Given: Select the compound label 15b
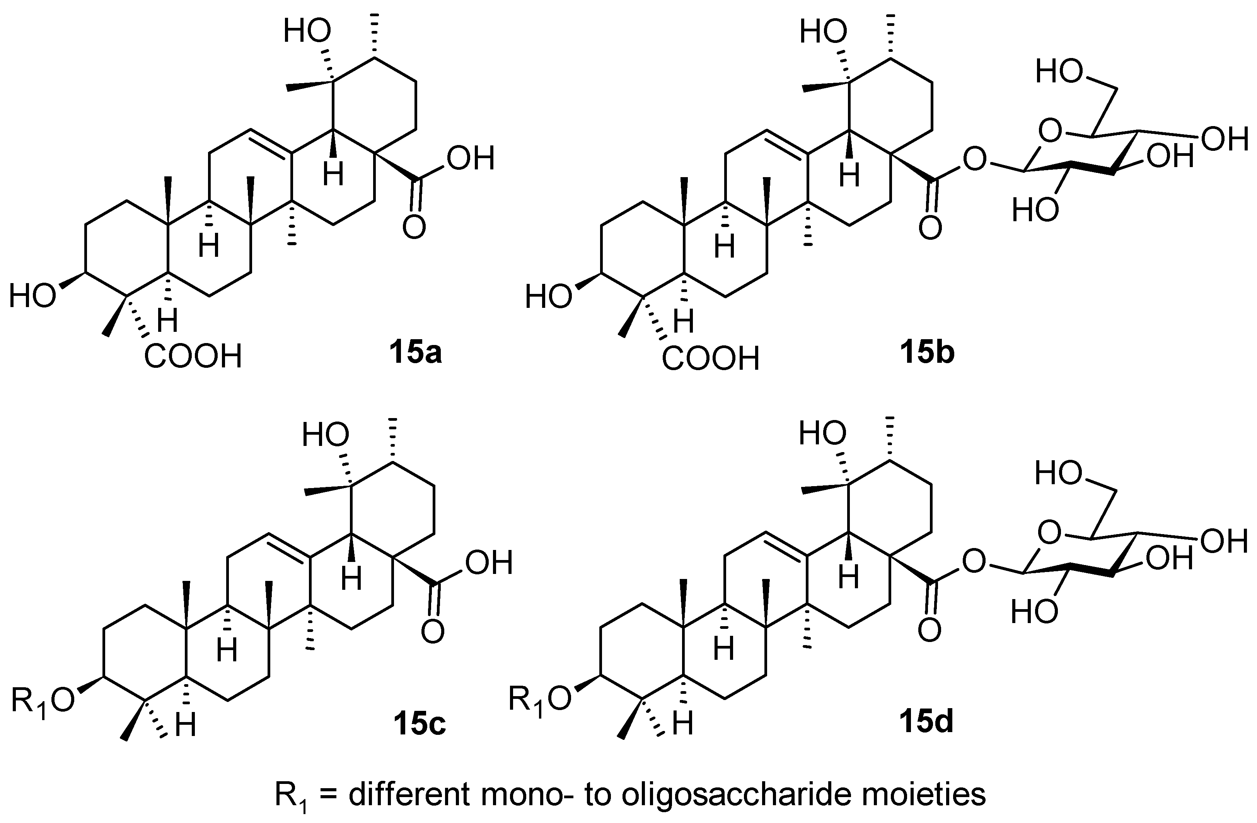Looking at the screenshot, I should click(x=928, y=354).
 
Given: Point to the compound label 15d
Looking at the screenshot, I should click(x=928, y=722).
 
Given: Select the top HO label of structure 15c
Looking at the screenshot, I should click(x=325, y=436).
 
